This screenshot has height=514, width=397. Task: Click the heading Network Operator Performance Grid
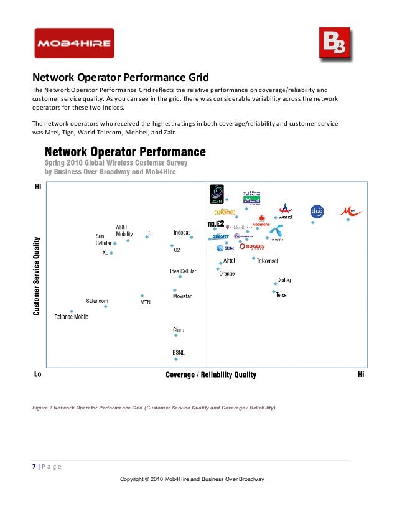click(120, 78)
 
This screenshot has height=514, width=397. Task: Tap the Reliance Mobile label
click(72, 317)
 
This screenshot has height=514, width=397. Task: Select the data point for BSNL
click(176, 359)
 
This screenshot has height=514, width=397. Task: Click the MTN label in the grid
click(145, 302)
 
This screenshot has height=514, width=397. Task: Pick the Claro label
click(179, 330)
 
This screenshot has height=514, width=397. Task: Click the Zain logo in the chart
click(217, 194)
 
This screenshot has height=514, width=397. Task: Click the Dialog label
click(284, 280)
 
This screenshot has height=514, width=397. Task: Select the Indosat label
click(182, 233)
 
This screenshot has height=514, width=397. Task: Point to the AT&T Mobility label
click(124, 230)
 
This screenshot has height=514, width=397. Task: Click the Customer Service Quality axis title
click(37, 277)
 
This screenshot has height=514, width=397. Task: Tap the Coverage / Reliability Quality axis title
click(210, 375)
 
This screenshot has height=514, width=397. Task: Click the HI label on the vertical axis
click(37, 187)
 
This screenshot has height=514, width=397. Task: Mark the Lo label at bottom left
click(37, 375)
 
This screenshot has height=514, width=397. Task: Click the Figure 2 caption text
click(155, 408)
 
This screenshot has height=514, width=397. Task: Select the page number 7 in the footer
click(34, 466)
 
